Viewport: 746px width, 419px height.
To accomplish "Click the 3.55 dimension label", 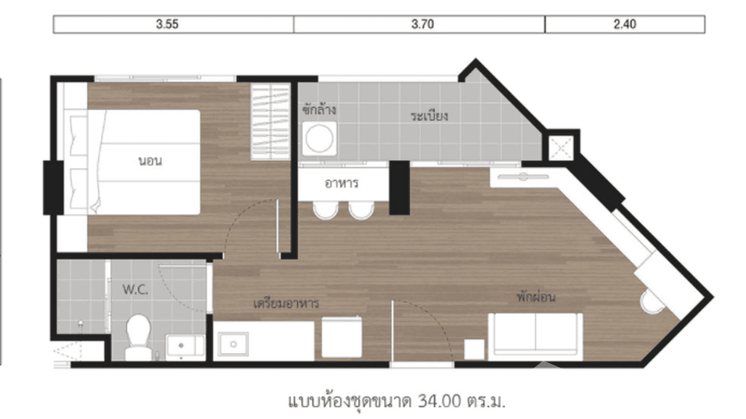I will (x=167, y=24).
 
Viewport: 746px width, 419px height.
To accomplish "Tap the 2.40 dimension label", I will (x=625, y=24).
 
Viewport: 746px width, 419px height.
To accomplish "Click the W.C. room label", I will (x=135, y=290).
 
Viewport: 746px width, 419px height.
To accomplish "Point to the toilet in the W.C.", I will (x=137, y=337).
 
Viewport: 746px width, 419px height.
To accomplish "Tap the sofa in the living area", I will (x=535, y=335).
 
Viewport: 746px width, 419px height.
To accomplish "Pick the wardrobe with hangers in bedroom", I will (x=270, y=122).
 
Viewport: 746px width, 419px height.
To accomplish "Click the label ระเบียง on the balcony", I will (x=430, y=117).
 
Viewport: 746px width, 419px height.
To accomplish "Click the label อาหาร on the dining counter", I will (x=342, y=183).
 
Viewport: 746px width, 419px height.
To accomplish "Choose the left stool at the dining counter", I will (x=325, y=210).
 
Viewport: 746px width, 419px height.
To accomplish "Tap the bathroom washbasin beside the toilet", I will (x=184, y=346).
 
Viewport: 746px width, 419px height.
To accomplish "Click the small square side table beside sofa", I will (x=474, y=350).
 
